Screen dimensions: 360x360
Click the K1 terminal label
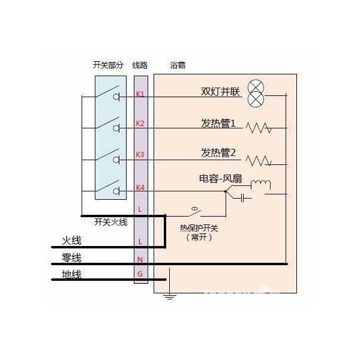pyautogui.click(x=140, y=94)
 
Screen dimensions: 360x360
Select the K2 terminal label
pyautogui.click(x=140, y=124)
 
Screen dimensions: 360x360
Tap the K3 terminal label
pyautogui.click(x=140, y=155)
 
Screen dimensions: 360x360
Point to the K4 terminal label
pyautogui.click(x=140, y=188)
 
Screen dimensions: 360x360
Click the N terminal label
pyautogui.click(x=140, y=260)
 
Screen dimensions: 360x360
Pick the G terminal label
pyautogui.click(x=140, y=274)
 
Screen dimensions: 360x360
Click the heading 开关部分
pyautogui.click(x=108, y=65)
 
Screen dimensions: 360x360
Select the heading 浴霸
pyautogui.click(x=178, y=65)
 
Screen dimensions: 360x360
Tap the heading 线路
pyautogui.click(x=140, y=65)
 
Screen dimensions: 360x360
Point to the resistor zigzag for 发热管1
pyautogui.click(x=259, y=128)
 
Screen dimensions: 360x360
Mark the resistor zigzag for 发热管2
pyautogui.click(x=259, y=160)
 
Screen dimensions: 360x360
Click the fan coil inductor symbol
pyautogui.click(x=260, y=185)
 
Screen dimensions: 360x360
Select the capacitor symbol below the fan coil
pyautogui.click(x=242, y=197)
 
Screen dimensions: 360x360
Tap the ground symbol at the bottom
pyautogui.click(x=170, y=296)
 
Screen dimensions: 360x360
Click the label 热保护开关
pyautogui.click(x=199, y=228)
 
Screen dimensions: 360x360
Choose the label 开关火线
pyautogui.click(x=110, y=222)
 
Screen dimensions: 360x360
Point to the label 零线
pyautogui.click(x=71, y=257)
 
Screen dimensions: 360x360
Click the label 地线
pyautogui.click(x=71, y=274)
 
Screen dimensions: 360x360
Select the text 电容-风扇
pyautogui.click(x=220, y=179)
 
